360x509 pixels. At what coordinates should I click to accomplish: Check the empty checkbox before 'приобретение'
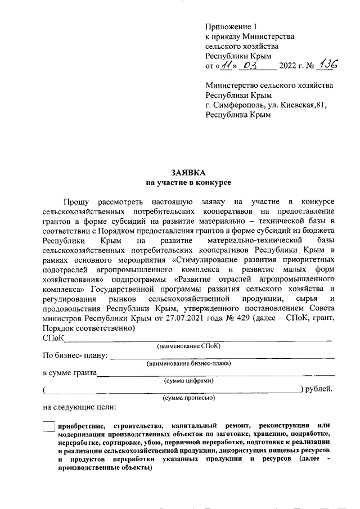49,427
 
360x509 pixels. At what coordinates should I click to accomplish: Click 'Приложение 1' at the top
231,26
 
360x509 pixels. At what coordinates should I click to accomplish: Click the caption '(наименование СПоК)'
189,346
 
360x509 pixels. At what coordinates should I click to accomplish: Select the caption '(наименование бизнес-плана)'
189,364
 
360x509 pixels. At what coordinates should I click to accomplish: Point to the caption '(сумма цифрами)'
189,381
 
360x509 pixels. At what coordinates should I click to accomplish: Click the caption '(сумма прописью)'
189,398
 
